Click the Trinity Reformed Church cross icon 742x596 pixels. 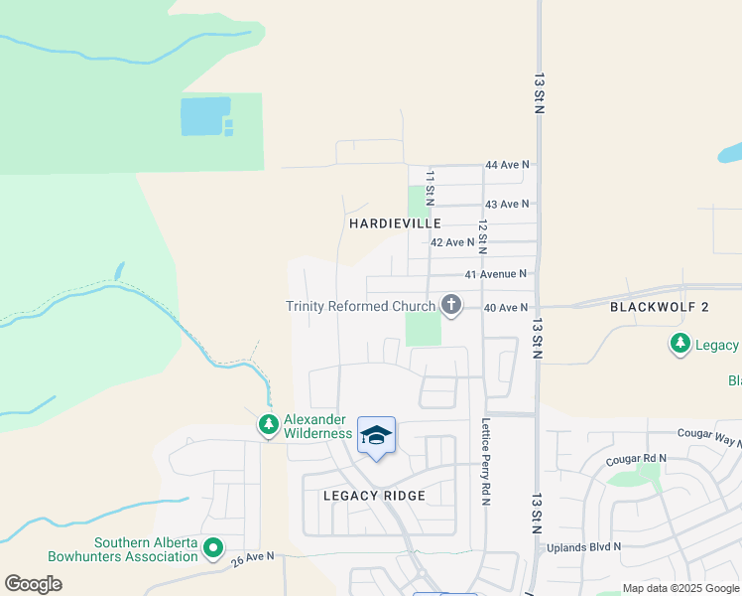(x=451, y=304)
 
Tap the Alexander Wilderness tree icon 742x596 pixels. (x=268, y=425)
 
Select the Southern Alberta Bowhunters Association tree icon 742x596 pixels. (x=212, y=547)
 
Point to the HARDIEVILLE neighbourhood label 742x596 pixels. (x=388, y=224)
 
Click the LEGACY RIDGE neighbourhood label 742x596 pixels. (x=374, y=496)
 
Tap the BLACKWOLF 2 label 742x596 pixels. (x=660, y=307)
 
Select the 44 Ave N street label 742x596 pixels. (x=507, y=164)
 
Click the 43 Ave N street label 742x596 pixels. (x=507, y=204)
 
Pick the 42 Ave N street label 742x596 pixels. (x=453, y=242)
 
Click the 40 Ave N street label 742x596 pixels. (x=506, y=308)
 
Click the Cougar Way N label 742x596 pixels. (x=709, y=435)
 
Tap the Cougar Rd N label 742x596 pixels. (x=636, y=459)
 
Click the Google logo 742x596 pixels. (x=33, y=583)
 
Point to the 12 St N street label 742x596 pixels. (x=483, y=236)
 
